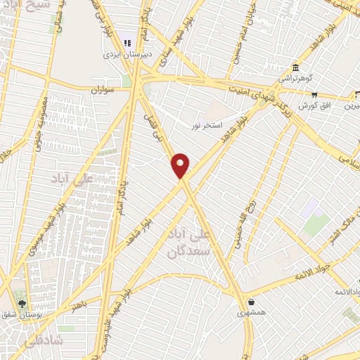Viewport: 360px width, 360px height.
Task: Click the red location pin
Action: [x=181, y=165]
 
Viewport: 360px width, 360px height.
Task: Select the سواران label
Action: [x=101, y=91]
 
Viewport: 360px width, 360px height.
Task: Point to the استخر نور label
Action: [x=206, y=125]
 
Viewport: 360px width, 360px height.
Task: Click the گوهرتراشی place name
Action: [x=296, y=79]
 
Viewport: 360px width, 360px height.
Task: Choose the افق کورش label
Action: [x=314, y=105]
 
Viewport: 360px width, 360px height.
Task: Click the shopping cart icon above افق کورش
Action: [x=314, y=94]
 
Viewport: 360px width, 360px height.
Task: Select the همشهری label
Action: [x=251, y=314]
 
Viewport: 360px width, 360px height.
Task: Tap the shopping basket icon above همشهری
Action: [x=251, y=302]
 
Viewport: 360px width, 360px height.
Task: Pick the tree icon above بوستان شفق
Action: [x=22, y=304]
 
